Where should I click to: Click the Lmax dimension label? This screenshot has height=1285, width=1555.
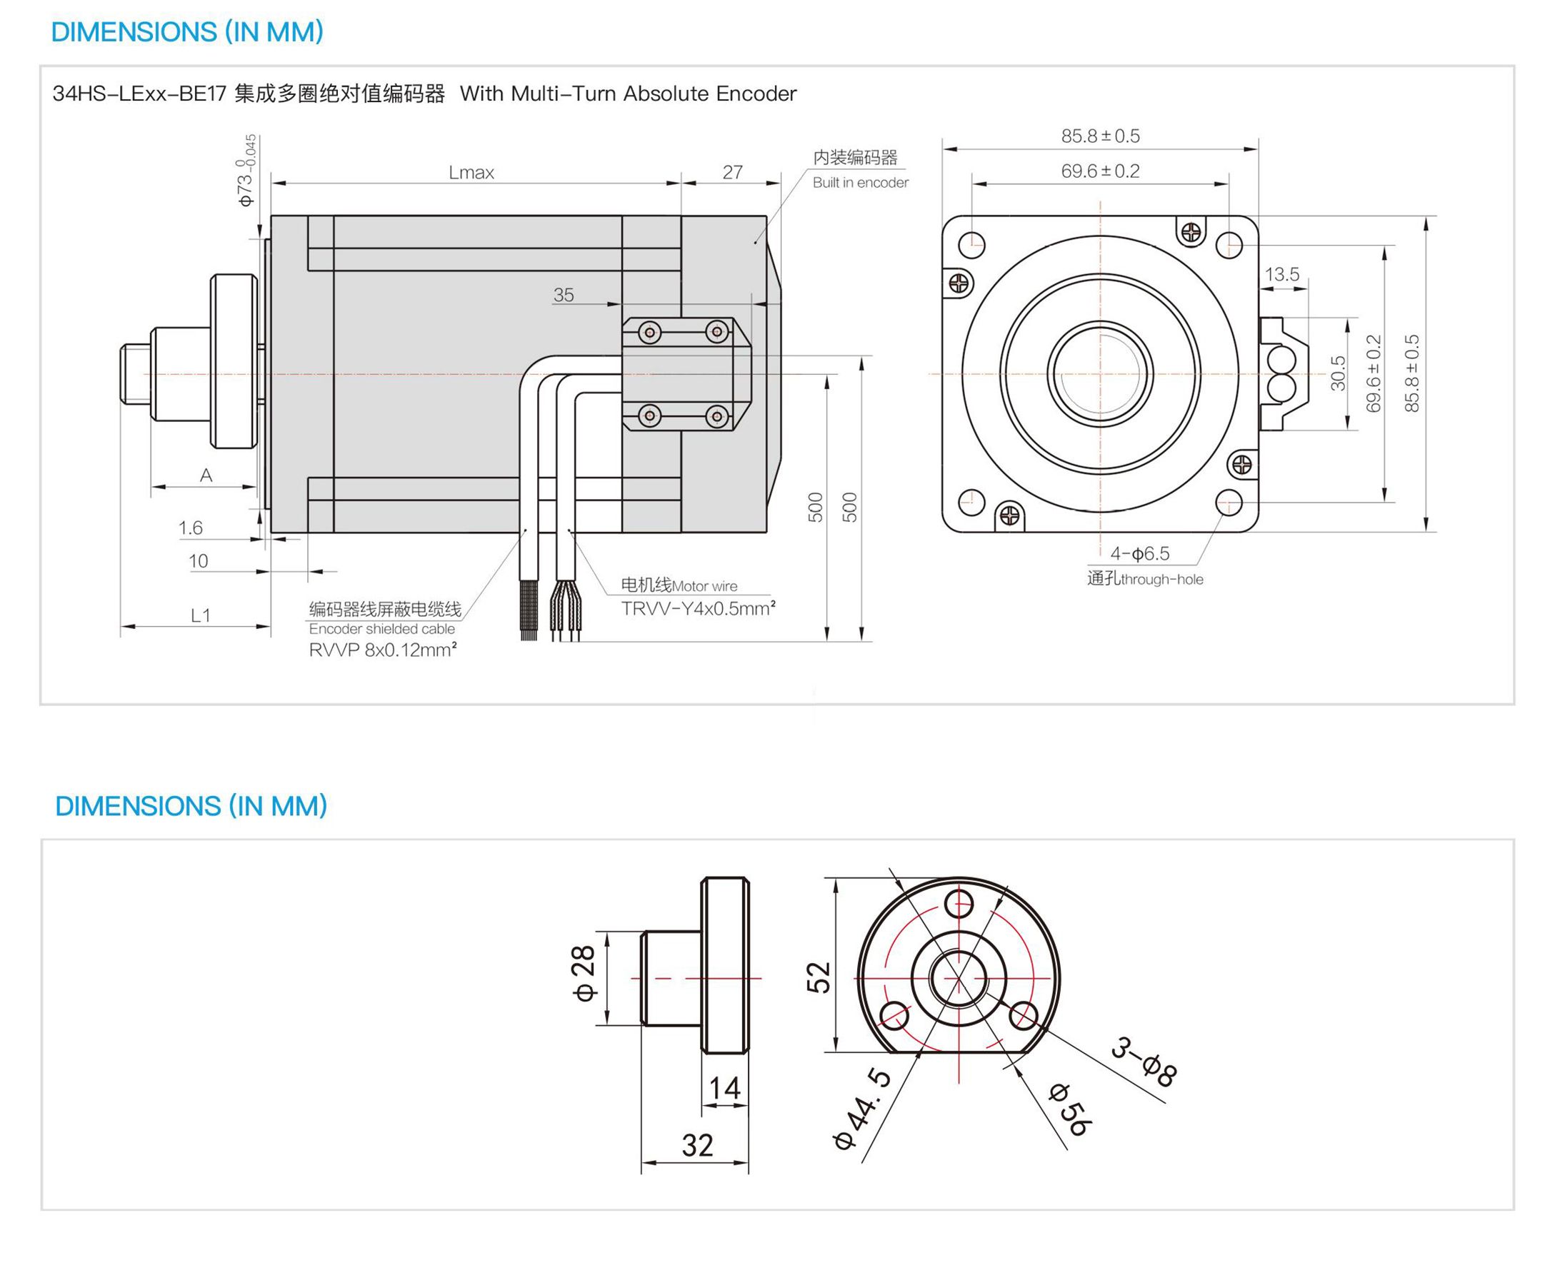click(x=471, y=173)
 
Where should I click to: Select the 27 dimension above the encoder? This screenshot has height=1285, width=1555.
click(x=731, y=172)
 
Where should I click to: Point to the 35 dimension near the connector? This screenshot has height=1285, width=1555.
click(x=563, y=295)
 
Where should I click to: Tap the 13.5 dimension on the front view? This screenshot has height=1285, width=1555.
click(x=1281, y=275)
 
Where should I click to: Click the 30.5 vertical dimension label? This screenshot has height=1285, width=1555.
click(x=1337, y=373)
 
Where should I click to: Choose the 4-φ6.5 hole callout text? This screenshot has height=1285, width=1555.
click(x=1139, y=553)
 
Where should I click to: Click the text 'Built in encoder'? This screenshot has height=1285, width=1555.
click(x=860, y=182)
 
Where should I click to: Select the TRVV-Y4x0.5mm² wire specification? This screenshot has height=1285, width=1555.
click(x=698, y=608)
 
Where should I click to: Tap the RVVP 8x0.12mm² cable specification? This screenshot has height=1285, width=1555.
click(x=382, y=650)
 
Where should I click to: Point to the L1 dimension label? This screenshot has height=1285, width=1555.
click(x=201, y=615)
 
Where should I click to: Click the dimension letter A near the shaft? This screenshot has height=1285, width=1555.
click(x=206, y=475)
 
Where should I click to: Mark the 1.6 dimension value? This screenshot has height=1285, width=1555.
click(x=189, y=528)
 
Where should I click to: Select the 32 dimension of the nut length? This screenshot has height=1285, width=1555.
click(x=697, y=1145)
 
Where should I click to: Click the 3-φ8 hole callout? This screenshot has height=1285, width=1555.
click(x=1143, y=1062)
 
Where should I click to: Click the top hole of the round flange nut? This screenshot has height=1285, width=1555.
click(x=959, y=904)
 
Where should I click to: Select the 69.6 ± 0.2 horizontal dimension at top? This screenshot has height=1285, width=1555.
click(x=1099, y=171)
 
